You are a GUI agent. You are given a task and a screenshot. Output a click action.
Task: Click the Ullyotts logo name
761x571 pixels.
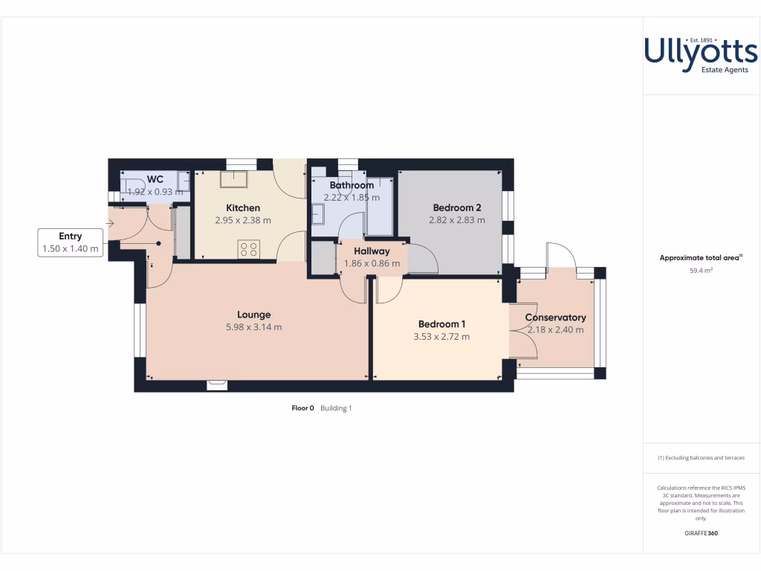[x=700, y=51]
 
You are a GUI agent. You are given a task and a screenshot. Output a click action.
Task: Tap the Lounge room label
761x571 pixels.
[x=253, y=314]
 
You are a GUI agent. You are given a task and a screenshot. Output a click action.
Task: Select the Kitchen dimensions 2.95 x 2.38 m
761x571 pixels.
[x=243, y=220]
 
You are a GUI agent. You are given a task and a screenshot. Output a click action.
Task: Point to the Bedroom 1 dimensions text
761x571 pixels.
[x=441, y=336]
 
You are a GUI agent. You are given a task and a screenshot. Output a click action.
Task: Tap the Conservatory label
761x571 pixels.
[x=555, y=317]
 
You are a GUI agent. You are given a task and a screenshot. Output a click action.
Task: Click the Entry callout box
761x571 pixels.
[x=71, y=243]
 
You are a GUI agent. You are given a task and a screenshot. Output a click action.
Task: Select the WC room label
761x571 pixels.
[x=155, y=179]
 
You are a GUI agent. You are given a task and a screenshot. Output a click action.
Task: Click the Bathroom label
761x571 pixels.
[x=352, y=185]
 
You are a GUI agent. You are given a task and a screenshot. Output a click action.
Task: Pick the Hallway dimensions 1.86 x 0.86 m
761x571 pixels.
[x=372, y=263]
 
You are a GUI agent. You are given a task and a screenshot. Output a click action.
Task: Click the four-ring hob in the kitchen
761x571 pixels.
[x=248, y=249]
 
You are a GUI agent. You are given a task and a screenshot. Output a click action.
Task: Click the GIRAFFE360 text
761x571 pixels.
[x=701, y=533]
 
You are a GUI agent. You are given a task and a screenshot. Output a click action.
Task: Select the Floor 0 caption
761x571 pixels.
[x=302, y=408]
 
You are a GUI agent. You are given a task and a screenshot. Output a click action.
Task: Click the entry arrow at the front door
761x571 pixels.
[x=110, y=222]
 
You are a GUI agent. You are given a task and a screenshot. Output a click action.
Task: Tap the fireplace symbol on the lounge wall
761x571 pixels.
[x=217, y=384]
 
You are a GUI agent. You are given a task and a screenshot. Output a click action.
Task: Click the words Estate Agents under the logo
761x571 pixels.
[x=725, y=70]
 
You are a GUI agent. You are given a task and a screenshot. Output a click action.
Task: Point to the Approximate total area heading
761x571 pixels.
[x=701, y=258]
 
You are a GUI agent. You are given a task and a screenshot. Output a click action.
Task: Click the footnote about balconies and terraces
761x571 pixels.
[x=701, y=458]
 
